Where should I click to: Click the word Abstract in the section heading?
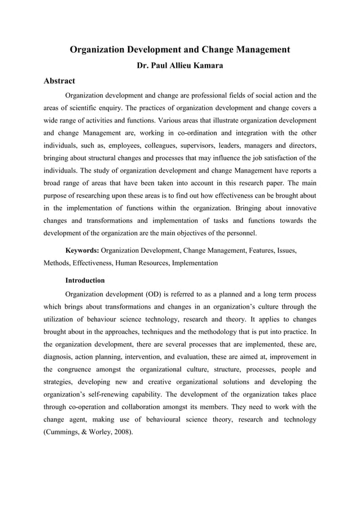tap(59, 81)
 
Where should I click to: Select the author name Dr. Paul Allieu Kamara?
tap(179, 65)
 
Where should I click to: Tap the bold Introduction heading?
tap(85, 280)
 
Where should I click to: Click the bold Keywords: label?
tap(82, 249)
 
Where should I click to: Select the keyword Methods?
tap(58, 262)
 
